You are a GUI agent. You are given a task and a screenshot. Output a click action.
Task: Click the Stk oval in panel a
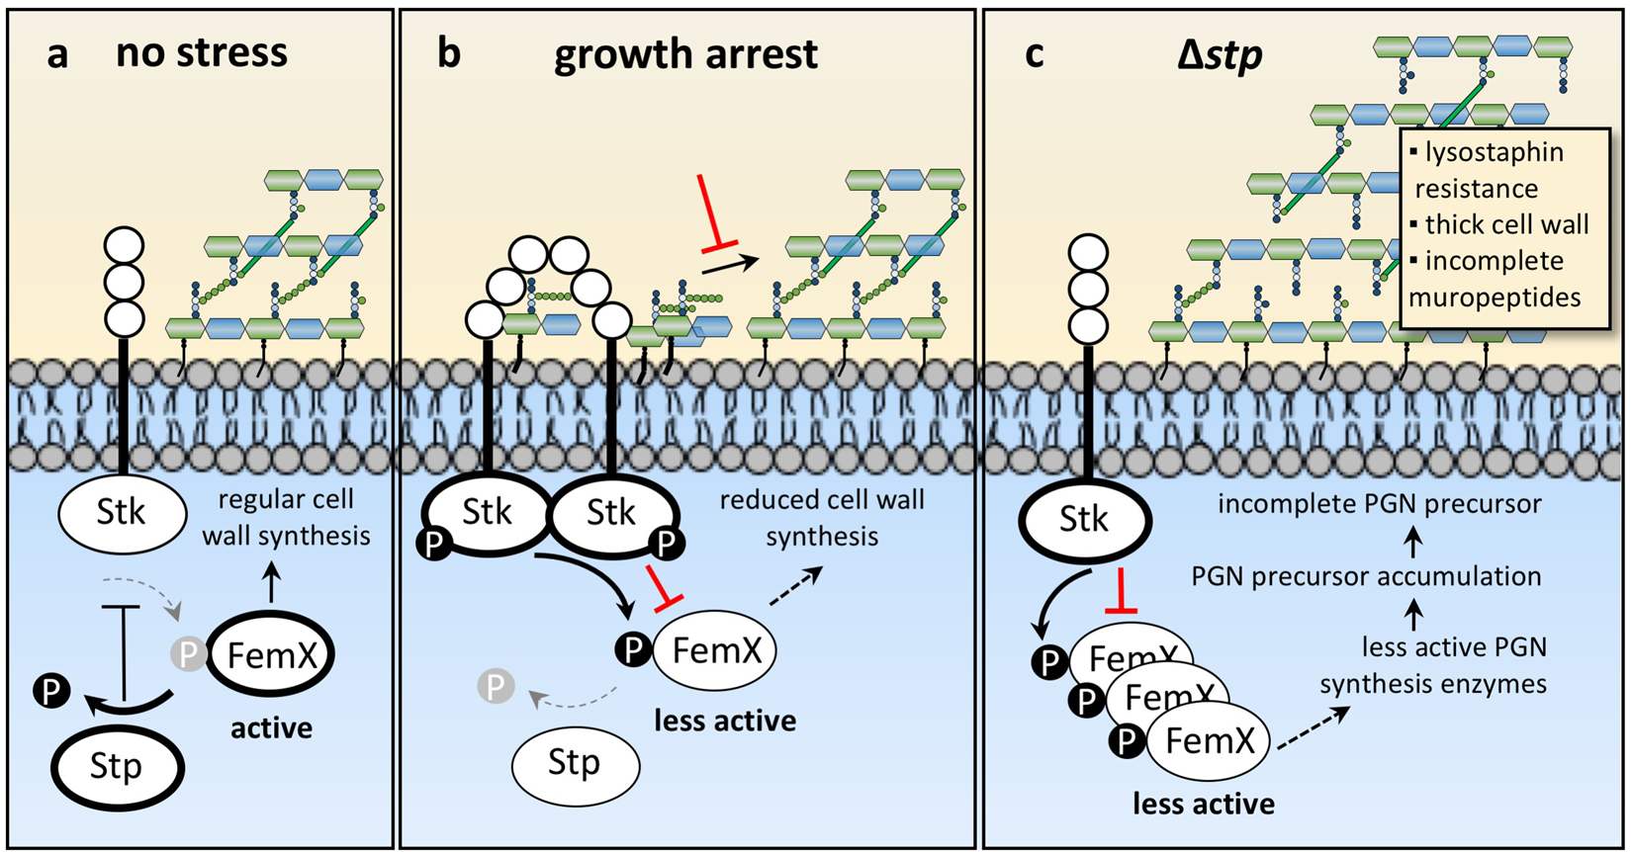122,512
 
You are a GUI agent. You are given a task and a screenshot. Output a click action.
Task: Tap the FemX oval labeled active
270,654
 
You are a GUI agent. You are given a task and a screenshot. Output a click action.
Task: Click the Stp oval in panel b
575,763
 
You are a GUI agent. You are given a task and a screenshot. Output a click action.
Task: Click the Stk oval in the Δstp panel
1084,520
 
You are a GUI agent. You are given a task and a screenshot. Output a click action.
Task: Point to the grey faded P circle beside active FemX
188,652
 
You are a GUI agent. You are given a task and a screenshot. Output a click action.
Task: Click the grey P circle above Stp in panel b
496,685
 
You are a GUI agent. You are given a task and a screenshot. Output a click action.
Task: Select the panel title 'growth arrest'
685,53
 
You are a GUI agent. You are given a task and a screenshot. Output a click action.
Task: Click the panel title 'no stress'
202,51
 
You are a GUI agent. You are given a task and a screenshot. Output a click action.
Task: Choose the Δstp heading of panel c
1220,53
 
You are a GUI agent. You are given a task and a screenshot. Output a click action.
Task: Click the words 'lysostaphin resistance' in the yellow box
1489,170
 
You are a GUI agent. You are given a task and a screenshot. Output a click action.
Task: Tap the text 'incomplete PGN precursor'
1379,504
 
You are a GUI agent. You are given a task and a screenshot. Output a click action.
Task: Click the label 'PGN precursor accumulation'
1366,576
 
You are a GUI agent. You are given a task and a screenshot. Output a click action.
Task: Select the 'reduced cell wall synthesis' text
822,518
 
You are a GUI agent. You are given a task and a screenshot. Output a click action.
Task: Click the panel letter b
448,53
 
